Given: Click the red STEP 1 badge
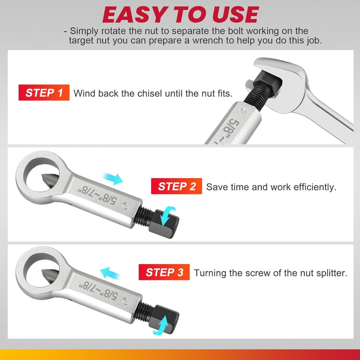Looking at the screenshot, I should [x=44, y=92].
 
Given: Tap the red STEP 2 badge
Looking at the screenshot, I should [x=176, y=186].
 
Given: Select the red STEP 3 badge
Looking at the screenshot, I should [x=164, y=272].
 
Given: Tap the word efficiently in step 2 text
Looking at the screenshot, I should [x=310, y=187].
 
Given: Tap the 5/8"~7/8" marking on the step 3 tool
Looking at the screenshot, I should [x=98, y=288].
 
